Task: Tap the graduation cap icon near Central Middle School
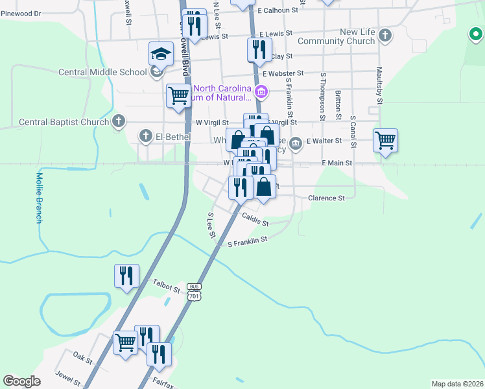pos(160,54)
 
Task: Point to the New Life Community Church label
pos(357,36)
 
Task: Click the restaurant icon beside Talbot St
pos(125,275)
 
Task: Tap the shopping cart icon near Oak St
pos(124,341)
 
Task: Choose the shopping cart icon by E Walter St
pos(385,140)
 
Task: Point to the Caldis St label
pos(255,221)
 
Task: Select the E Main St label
pos(337,163)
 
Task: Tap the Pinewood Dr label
pos(21,13)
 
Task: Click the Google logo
pos(21,381)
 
